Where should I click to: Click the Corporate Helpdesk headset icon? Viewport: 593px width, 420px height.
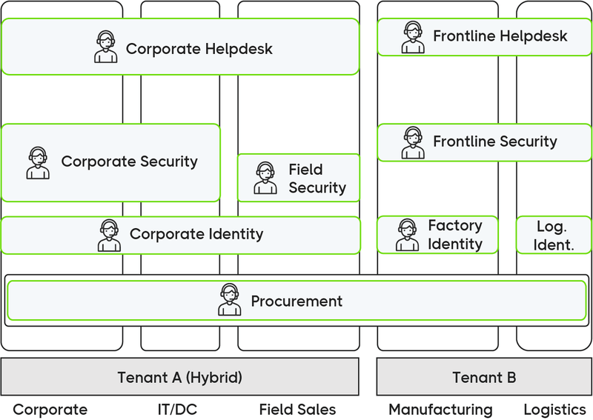[106, 47]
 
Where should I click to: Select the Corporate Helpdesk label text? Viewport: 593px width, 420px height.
[199, 49]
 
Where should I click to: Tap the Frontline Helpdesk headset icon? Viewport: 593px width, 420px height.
[413, 37]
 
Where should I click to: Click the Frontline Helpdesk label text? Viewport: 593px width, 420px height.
[500, 36]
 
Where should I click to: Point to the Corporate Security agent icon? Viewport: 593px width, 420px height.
[38, 163]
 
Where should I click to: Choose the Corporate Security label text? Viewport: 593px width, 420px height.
[129, 161]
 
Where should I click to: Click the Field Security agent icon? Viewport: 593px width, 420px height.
[265, 179]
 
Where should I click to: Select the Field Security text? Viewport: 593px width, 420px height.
[317, 179]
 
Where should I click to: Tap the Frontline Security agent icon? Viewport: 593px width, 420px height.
[413, 142]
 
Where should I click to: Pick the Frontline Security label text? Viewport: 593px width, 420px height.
[494, 141]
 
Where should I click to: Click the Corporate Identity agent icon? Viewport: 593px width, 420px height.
[110, 236]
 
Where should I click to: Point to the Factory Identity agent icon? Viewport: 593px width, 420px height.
[407, 235]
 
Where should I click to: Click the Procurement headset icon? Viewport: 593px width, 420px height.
[230, 300]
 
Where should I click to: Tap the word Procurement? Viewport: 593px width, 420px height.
[296, 301]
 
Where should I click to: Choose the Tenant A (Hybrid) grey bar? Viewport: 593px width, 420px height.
[179, 377]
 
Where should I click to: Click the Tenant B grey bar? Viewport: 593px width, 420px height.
[484, 377]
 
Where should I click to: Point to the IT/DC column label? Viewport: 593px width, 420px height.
[177, 410]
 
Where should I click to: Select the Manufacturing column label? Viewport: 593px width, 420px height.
[440, 410]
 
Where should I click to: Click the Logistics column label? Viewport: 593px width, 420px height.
[554, 410]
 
